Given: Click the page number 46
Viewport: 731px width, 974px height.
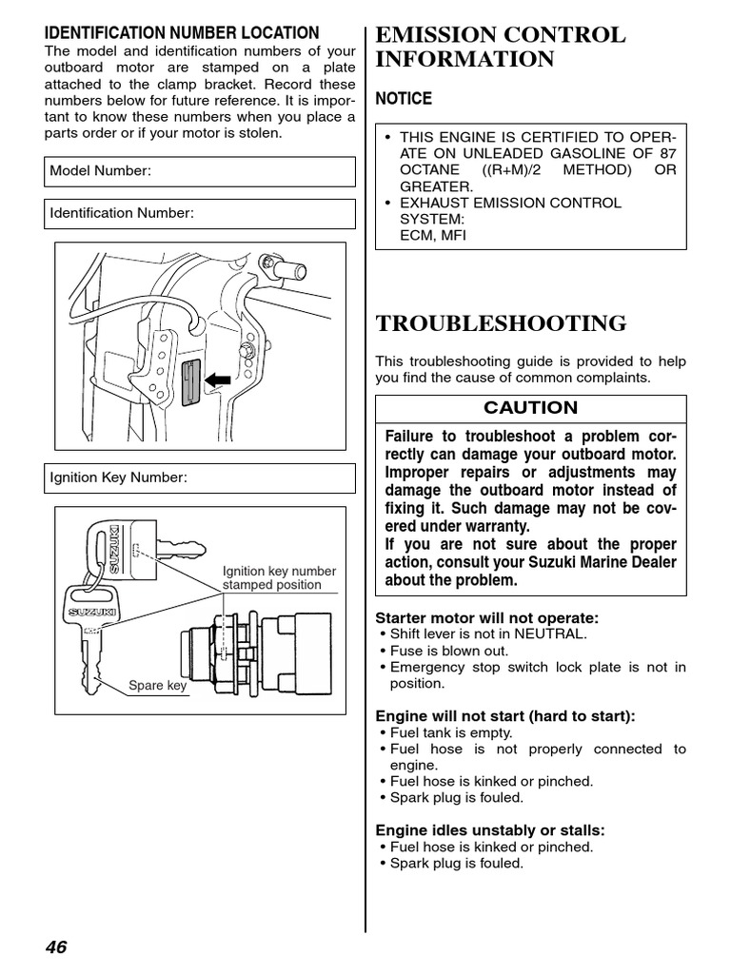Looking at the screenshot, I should tap(55, 946).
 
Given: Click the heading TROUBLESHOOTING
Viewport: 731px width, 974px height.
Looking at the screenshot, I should tap(502, 323).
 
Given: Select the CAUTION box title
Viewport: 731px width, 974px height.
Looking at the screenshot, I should tap(530, 408).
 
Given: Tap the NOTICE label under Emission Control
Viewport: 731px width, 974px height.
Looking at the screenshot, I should tap(404, 99).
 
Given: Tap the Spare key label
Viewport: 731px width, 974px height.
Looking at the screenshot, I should tap(158, 686).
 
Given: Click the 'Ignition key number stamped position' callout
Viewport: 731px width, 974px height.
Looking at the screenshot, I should tap(279, 578).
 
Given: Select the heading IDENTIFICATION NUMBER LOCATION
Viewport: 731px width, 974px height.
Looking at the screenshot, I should tap(183, 33).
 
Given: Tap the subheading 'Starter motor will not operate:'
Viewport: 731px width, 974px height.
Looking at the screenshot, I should tap(487, 618).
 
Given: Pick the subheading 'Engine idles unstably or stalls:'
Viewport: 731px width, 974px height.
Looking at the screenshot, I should tap(490, 830).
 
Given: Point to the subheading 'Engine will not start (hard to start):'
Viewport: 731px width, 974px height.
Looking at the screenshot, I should tap(505, 715).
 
